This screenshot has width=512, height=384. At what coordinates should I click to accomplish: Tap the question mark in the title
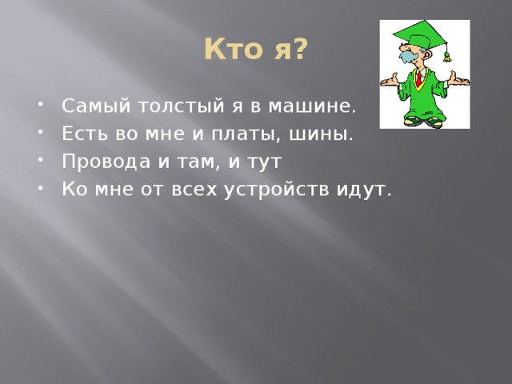coord(298,50)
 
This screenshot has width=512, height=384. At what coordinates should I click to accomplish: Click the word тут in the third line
coord(266,162)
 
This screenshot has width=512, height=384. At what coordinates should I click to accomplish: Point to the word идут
coord(366,190)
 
